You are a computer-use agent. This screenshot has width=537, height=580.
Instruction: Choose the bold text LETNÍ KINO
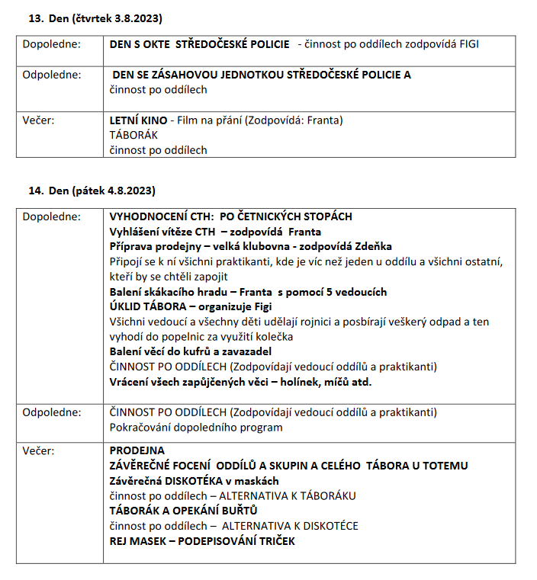coord(138,120)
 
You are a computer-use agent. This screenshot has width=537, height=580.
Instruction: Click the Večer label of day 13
coord(38,120)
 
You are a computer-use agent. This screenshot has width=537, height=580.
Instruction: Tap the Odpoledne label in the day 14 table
coord(51,412)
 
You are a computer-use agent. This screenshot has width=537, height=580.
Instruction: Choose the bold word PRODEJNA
coord(137,450)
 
